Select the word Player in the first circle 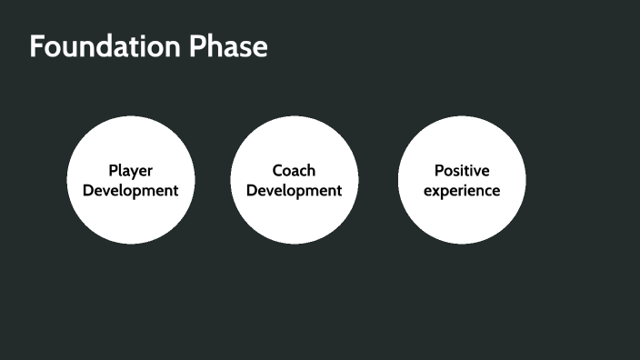[130, 170]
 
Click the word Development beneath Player [130, 191]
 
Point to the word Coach [294, 170]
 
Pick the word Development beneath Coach [294, 191]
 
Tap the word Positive [461, 170]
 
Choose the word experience [461, 191]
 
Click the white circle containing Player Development [130, 218]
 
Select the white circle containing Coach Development [294, 218]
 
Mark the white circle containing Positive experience [461, 218]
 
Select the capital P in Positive [438, 170]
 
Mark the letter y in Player [135, 172]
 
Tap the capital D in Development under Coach [252, 191]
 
